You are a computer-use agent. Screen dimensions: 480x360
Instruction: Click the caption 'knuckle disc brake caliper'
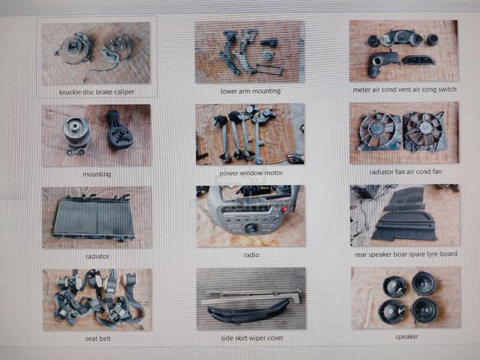97,91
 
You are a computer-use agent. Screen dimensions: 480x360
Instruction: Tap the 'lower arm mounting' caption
250,91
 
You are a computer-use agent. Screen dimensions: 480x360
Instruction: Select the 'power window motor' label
250,173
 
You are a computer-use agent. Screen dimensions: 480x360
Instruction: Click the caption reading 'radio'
252,255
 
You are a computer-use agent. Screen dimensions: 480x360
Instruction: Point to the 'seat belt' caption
98,338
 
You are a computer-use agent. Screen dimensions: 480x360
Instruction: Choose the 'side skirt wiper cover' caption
252,338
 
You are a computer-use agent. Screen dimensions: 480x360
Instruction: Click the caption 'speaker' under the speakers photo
406,337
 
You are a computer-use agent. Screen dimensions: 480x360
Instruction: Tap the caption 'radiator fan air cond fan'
406,172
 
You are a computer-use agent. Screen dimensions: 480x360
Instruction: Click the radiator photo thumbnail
97,217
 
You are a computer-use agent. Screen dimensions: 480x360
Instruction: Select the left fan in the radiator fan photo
379,132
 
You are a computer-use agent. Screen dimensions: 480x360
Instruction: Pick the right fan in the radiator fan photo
424,132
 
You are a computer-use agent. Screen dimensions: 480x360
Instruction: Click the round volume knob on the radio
251,228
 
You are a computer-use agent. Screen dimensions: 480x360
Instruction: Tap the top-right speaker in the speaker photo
424,283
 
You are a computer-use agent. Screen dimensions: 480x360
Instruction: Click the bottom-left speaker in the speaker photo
392,311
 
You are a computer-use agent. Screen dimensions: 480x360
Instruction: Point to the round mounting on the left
76,135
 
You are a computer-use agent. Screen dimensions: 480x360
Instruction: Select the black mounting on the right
118,130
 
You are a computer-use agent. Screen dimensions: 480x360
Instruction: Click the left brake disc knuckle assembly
73,48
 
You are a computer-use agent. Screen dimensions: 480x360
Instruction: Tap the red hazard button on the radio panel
284,209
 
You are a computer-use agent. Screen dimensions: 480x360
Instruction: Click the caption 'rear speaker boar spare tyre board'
406,254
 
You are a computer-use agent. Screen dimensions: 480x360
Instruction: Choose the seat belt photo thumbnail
97,299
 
